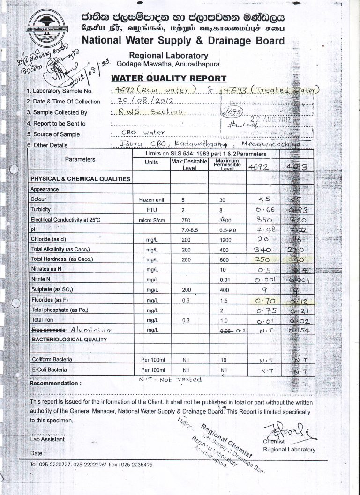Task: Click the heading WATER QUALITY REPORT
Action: (169, 78)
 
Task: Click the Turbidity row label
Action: (40, 209)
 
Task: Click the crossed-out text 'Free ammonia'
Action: (48, 330)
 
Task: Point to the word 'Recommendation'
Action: (54, 384)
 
